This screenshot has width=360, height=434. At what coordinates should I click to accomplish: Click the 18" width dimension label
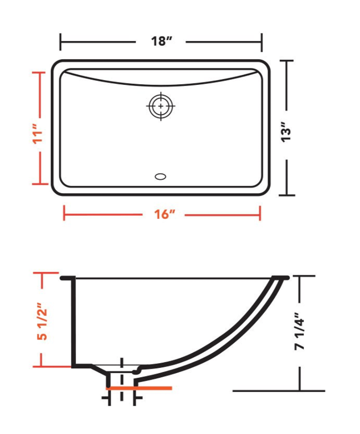pyautogui.click(x=159, y=41)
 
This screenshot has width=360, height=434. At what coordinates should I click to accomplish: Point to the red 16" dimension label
pyautogui.click(x=163, y=215)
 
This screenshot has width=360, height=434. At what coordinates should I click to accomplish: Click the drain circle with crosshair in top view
pyautogui.click(x=161, y=106)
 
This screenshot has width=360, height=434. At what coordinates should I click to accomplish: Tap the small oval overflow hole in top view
pyautogui.click(x=161, y=176)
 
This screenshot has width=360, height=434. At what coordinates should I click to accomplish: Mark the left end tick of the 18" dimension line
pyautogui.click(x=61, y=42)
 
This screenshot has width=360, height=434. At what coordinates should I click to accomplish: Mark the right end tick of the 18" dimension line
pyautogui.click(x=262, y=42)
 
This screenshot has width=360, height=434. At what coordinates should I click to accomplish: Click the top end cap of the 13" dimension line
pyautogui.click(x=287, y=60)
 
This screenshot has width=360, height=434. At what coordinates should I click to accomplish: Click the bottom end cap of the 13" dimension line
pyautogui.click(x=287, y=195)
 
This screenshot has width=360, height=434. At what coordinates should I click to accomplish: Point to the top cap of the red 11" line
pyautogui.click(x=39, y=72)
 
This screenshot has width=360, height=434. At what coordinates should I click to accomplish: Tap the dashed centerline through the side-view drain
pyautogui.click(x=121, y=382)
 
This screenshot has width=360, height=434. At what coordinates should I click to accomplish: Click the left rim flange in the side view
pyautogui.click(x=67, y=278)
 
